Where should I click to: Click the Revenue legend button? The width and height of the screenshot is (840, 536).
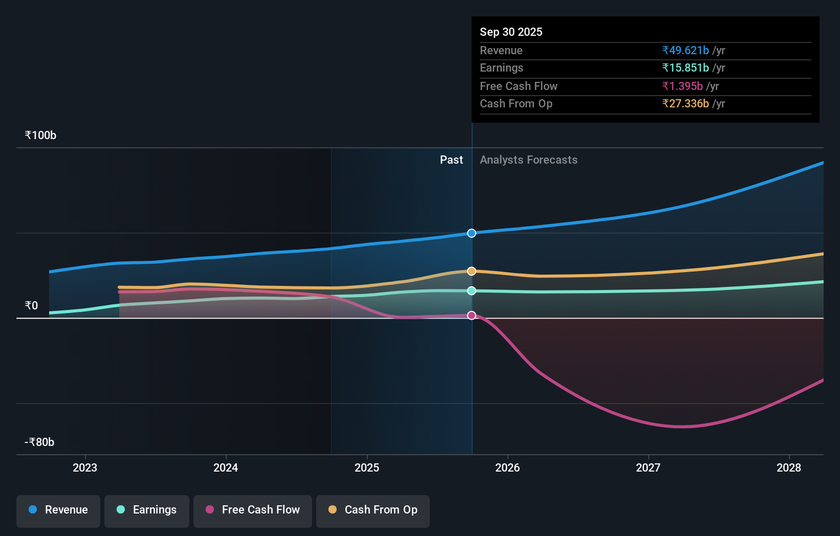click(x=58, y=510)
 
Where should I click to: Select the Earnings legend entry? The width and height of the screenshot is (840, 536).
click(x=147, y=510)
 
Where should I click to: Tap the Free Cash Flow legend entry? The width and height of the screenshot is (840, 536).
click(x=253, y=510)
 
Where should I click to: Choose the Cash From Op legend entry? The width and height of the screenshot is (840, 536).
click(x=373, y=510)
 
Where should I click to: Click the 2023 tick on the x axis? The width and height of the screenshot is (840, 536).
click(x=85, y=467)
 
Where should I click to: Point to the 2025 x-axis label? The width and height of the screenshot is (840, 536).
click(x=367, y=467)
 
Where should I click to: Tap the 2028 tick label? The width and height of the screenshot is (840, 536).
click(x=789, y=467)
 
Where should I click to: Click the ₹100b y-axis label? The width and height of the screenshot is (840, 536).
click(x=40, y=136)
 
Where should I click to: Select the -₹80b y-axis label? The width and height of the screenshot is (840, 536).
click(x=39, y=442)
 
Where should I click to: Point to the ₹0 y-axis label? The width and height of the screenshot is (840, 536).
click(x=31, y=306)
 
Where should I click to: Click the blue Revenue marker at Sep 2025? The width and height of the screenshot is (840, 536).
click(x=472, y=233)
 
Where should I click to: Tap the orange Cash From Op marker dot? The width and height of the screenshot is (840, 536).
click(x=472, y=271)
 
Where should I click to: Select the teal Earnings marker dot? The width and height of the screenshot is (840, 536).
click(x=472, y=291)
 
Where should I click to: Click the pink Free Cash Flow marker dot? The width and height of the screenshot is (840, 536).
click(x=472, y=316)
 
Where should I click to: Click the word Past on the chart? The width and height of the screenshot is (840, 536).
click(x=451, y=160)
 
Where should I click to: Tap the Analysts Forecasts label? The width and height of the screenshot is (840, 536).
click(x=528, y=160)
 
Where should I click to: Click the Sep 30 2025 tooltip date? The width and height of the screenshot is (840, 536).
click(x=511, y=32)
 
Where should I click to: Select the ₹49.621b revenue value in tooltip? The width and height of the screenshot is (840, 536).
click(x=686, y=51)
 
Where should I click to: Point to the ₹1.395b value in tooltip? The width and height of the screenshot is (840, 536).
click(x=682, y=86)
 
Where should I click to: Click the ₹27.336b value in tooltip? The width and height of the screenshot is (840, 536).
click(x=686, y=104)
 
